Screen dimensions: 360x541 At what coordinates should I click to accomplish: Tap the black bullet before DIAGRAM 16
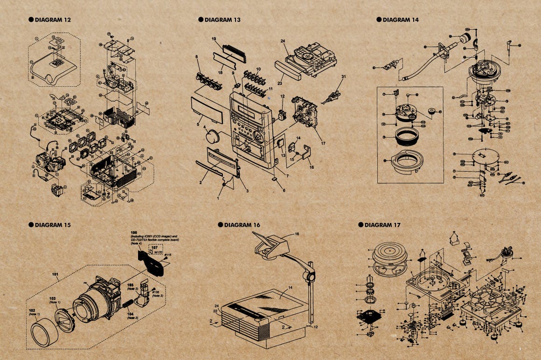click(221, 225)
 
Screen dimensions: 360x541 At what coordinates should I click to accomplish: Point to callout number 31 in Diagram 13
click(344, 76)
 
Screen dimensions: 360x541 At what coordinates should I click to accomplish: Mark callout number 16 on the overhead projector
click(297, 233)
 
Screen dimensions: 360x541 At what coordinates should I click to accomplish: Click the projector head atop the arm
click(270, 245)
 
